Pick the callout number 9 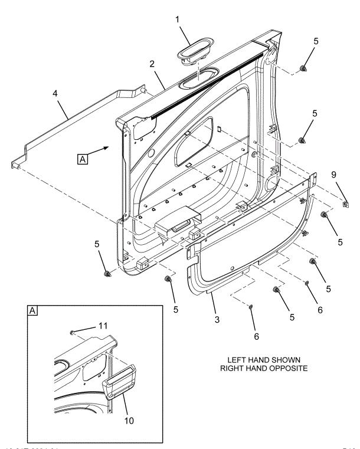(x=334, y=175)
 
